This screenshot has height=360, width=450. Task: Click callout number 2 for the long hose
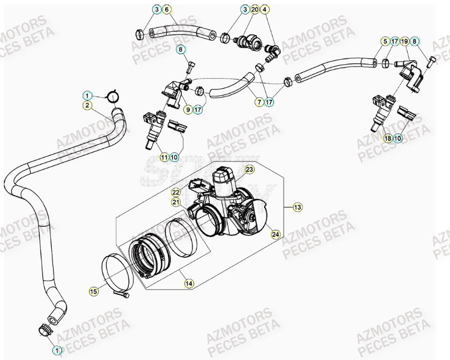pyautogui.click(x=88, y=105)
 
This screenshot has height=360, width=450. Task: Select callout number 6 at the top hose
pyautogui.click(x=167, y=9)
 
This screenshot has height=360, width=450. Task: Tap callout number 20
pyautogui.click(x=255, y=9)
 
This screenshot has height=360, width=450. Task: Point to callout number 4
pyautogui.click(x=265, y=9)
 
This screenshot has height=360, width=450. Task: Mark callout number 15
pyautogui.click(x=93, y=291)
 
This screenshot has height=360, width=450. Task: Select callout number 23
pyautogui.click(x=249, y=169)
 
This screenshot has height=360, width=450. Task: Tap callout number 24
pyautogui.click(x=275, y=234)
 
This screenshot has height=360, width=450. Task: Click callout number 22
pyautogui.click(x=176, y=192)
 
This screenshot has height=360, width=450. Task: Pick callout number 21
pyautogui.click(x=176, y=202)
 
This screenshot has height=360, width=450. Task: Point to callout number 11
pyautogui.click(x=164, y=157)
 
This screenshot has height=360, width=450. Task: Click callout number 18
pyautogui.click(x=387, y=138)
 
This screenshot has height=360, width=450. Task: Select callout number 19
pyautogui.click(x=405, y=41)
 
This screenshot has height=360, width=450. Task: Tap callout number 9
pyautogui.click(x=188, y=109)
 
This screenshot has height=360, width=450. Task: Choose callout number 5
pyautogui.click(x=384, y=41)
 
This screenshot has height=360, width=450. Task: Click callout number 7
pyautogui.click(x=259, y=102)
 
